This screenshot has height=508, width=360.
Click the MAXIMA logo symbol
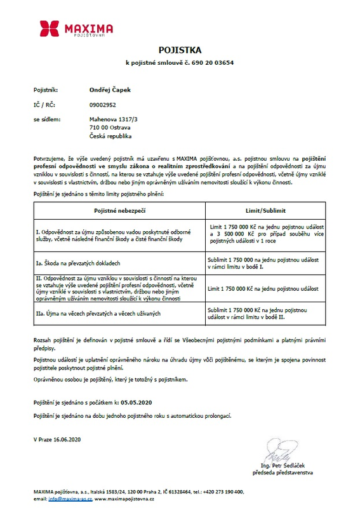49,29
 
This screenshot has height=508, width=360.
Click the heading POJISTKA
180,50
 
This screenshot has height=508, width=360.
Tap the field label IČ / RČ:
44,105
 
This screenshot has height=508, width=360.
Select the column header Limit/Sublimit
266,209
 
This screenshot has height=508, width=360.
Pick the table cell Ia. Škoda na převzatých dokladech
83,262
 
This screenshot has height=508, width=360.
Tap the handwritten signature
279,457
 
